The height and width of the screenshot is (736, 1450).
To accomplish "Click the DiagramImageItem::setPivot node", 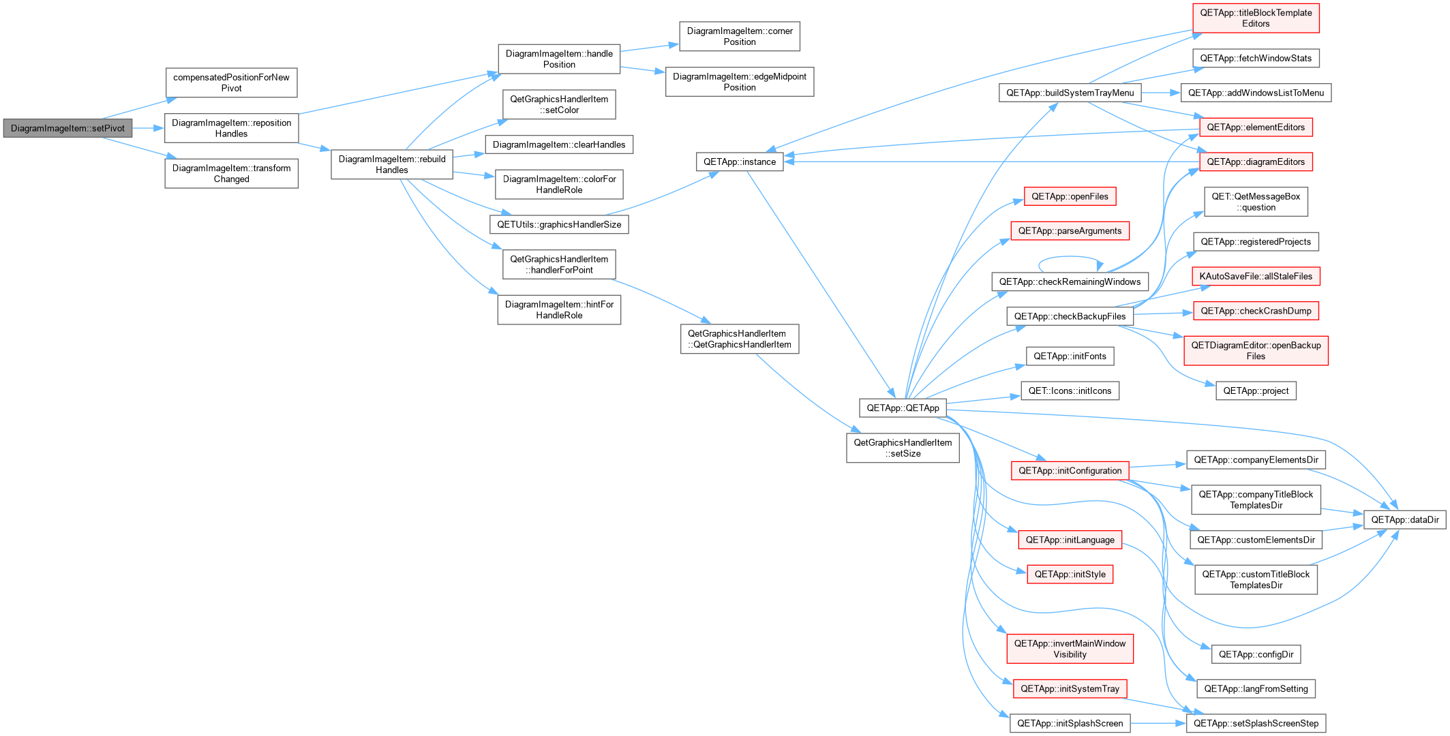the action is pyautogui.click(x=67, y=128).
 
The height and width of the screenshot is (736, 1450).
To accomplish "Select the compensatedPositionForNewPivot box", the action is pyautogui.click(x=231, y=82).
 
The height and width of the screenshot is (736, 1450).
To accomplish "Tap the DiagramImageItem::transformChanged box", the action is pyautogui.click(x=231, y=174).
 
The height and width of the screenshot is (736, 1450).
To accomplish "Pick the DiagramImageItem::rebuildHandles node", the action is pyautogui.click(x=392, y=164).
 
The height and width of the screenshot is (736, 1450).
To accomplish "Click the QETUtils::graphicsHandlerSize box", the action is pyautogui.click(x=559, y=224).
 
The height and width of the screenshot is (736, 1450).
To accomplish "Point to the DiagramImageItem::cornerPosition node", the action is pyautogui.click(x=740, y=36).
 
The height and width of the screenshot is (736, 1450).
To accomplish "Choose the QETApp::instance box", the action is pyautogui.click(x=740, y=162).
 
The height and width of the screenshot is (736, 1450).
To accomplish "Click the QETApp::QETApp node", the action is pyautogui.click(x=903, y=408).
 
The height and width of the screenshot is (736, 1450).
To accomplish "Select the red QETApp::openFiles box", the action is pyautogui.click(x=1070, y=196).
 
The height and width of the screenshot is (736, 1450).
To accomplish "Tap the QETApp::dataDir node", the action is pyautogui.click(x=1405, y=519).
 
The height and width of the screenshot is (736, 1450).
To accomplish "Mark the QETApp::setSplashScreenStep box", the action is pyautogui.click(x=1256, y=723).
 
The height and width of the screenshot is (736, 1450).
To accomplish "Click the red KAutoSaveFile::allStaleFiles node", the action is pyautogui.click(x=1256, y=276).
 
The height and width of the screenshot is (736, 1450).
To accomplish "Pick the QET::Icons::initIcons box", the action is pyautogui.click(x=1070, y=390).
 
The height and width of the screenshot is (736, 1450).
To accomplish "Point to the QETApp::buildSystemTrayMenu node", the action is pyautogui.click(x=1070, y=93).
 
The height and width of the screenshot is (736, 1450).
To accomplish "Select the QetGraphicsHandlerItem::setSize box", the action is pyautogui.click(x=903, y=448).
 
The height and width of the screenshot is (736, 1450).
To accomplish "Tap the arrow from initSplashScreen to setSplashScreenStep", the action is pyautogui.click(x=1158, y=723).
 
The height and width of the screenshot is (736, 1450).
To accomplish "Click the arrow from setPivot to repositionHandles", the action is pyautogui.click(x=148, y=128).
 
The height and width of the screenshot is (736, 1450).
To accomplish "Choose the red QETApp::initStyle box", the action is pyautogui.click(x=1070, y=574).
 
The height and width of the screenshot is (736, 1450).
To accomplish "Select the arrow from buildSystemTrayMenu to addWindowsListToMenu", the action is pyautogui.click(x=1161, y=93).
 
